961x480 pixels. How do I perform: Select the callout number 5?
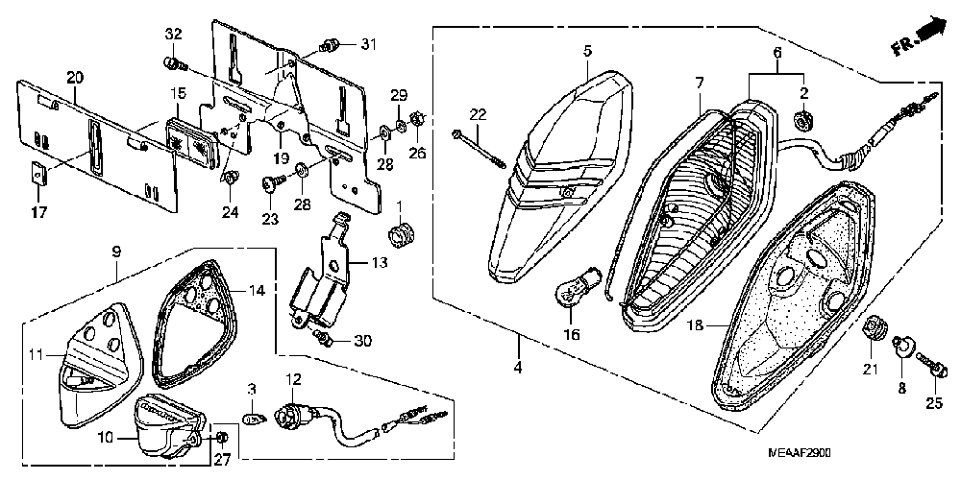click(586, 50)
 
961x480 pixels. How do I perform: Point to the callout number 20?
click(75, 77)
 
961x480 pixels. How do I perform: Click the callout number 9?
click(116, 252)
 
